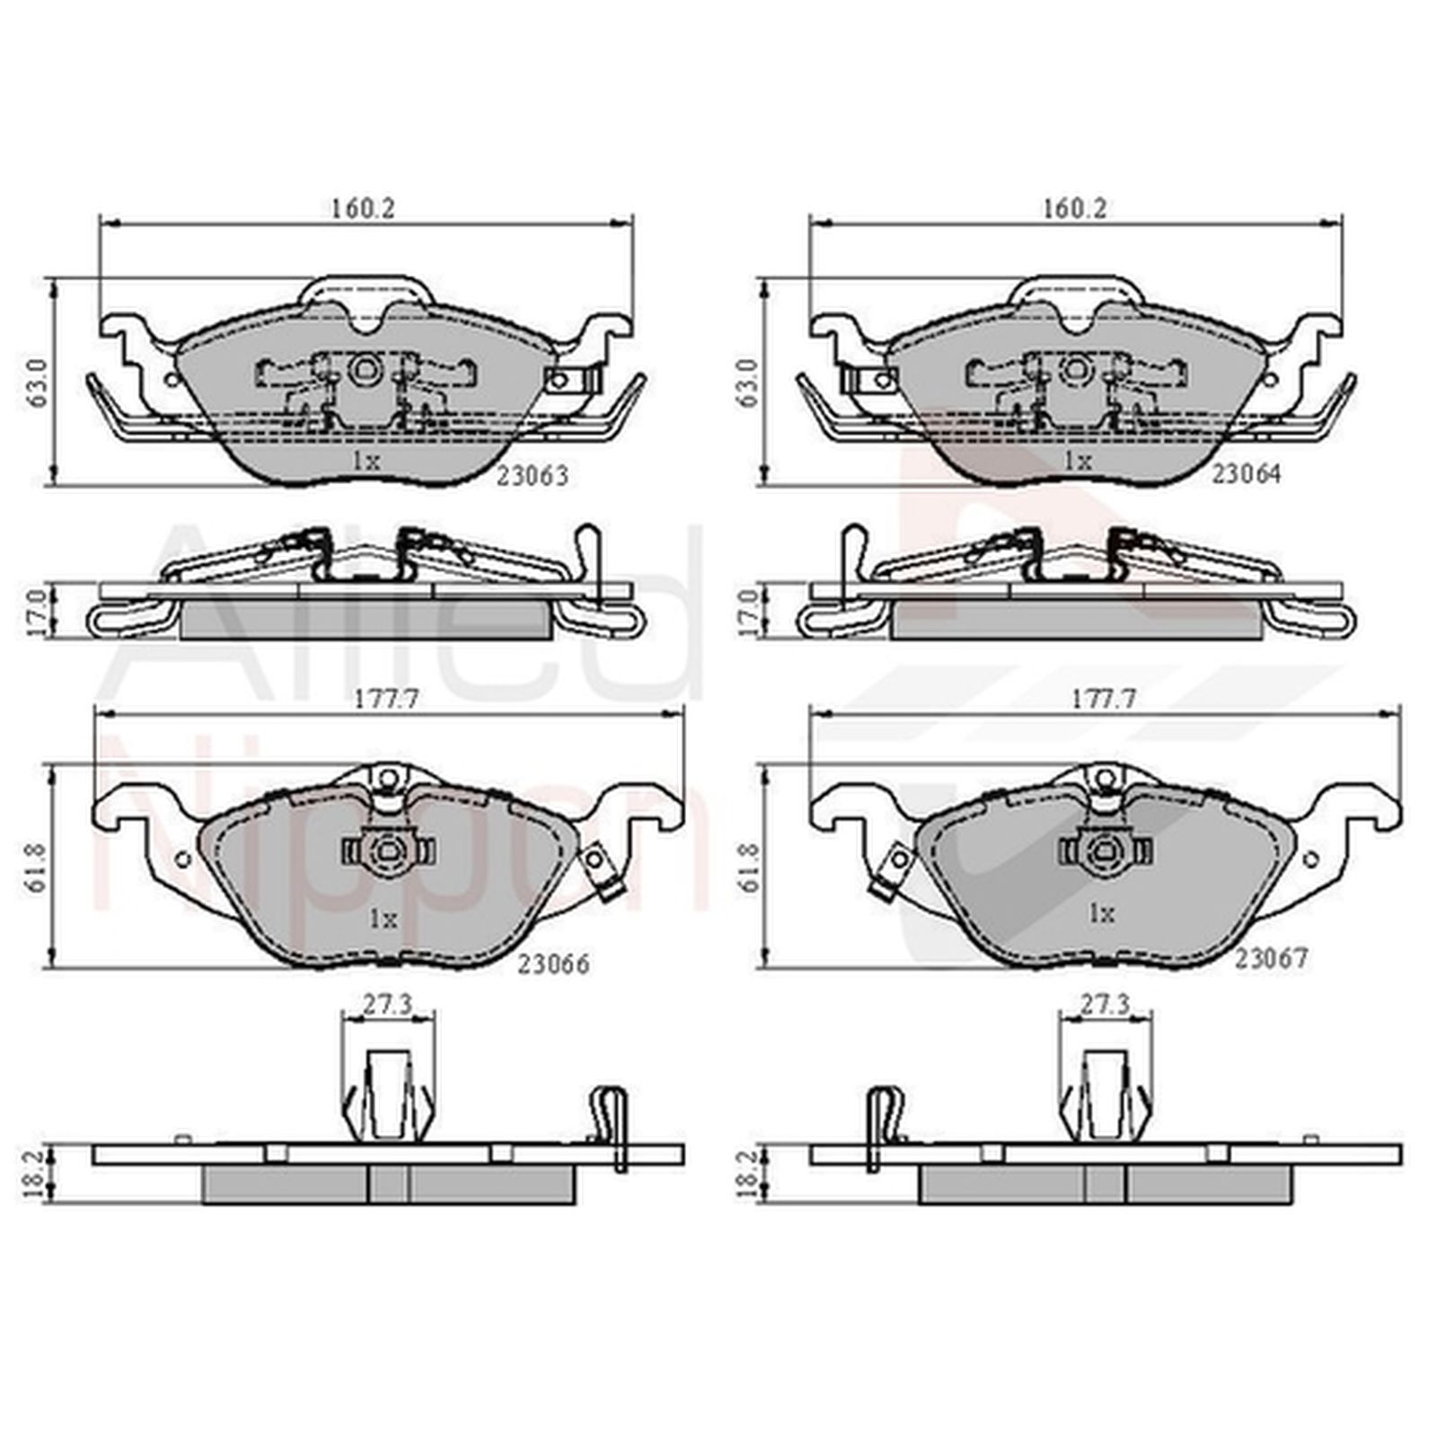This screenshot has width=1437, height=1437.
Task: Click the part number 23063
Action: (x=533, y=476)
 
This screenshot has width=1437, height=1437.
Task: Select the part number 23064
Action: (x=1246, y=474)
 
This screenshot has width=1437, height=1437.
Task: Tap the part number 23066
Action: (x=553, y=964)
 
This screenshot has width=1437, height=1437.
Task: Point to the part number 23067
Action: (x=1271, y=959)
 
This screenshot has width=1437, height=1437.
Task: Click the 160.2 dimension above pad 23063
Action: (x=363, y=207)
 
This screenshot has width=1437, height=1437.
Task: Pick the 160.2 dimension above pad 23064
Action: (x=1075, y=207)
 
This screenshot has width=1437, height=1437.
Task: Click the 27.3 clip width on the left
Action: (x=387, y=1006)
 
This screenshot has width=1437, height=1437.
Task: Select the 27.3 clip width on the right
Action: (x=1105, y=1006)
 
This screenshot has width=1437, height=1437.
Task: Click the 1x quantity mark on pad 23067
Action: (x=1101, y=914)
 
